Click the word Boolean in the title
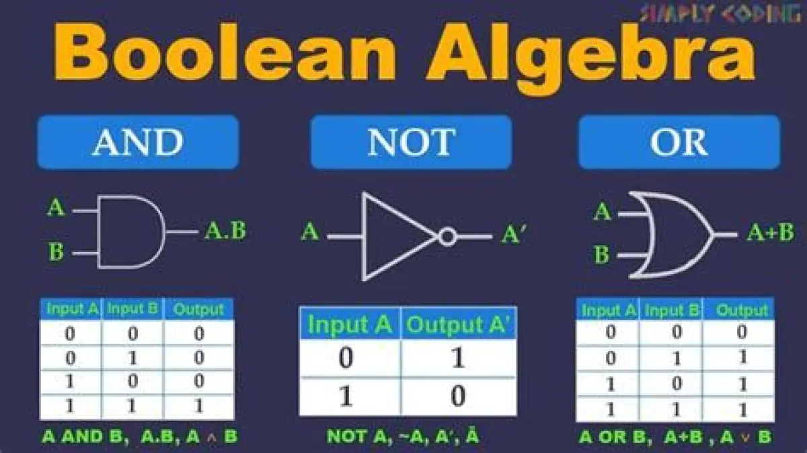point(225,53)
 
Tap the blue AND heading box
point(138,142)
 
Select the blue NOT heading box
point(411,142)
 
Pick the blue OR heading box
point(679,142)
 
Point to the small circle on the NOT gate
point(447,237)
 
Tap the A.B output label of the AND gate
point(225,231)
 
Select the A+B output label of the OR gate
point(770,233)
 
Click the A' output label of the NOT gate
point(514,235)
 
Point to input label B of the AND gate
point(56,251)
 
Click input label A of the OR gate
point(603,212)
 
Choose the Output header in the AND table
point(198,309)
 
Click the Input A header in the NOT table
point(350,324)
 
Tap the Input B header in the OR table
point(672,310)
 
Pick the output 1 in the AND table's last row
point(199,406)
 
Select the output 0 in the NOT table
point(458,396)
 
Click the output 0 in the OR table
point(741,331)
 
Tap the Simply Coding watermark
point(720,13)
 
